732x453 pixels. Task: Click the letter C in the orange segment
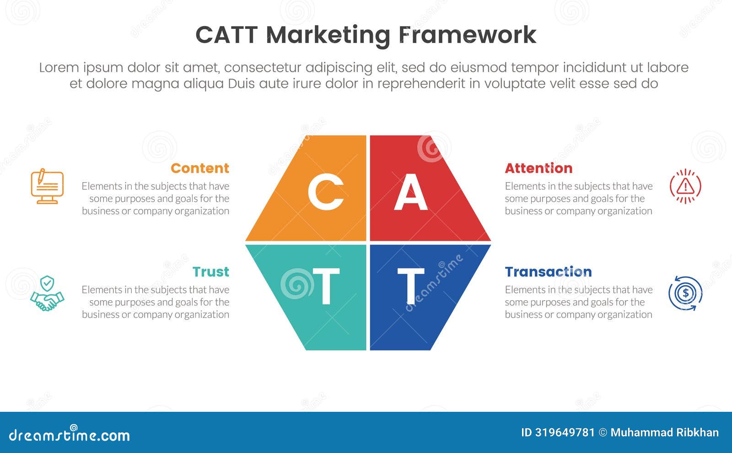(326, 192)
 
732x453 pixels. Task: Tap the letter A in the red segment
(410, 192)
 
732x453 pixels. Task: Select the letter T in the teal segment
(326, 286)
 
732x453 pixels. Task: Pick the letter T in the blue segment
(410, 286)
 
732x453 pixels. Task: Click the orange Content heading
(200, 168)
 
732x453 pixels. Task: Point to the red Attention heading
(538, 168)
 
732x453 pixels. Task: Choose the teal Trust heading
(210, 272)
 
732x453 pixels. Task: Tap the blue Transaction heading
(548, 272)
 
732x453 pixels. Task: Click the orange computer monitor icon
(47, 186)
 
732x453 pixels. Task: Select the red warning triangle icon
(685, 186)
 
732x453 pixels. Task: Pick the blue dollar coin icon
(685, 293)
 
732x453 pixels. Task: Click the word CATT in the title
(226, 35)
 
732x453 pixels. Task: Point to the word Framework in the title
(467, 35)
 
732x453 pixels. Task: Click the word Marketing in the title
(328, 36)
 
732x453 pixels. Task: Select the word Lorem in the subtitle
(59, 68)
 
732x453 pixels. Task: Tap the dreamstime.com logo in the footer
(69, 435)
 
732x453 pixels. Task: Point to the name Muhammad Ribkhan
(664, 433)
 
